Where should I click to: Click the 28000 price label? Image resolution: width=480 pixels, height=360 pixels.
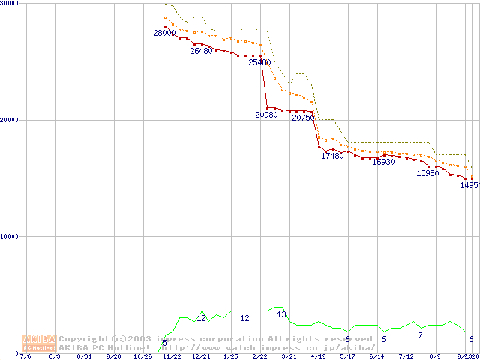(164, 33)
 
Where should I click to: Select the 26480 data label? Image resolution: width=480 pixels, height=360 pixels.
(201, 52)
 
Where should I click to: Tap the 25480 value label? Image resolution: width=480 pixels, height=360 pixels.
(259, 63)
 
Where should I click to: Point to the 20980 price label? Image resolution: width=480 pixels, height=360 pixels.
(267, 115)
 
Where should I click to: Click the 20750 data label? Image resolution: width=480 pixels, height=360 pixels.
(303, 118)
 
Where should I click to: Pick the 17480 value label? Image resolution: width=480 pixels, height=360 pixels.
(332, 156)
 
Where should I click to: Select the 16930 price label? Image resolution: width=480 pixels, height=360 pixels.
(383, 162)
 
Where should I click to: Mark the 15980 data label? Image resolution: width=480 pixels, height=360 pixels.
(427, 173)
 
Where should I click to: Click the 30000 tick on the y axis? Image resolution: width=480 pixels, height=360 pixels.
(10, 4)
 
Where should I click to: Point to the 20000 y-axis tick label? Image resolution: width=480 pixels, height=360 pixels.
(10, 120)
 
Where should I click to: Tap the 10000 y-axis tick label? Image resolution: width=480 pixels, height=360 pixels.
(10, 236)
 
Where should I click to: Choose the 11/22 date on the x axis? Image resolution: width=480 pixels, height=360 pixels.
(172, 356)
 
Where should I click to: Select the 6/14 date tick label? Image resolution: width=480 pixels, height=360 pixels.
(376, 356)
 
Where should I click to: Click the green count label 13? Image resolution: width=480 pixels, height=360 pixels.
(281, 314)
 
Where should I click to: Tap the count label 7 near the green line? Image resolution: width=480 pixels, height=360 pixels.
(420, 335)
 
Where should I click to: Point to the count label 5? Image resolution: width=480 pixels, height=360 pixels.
(165, 343)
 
